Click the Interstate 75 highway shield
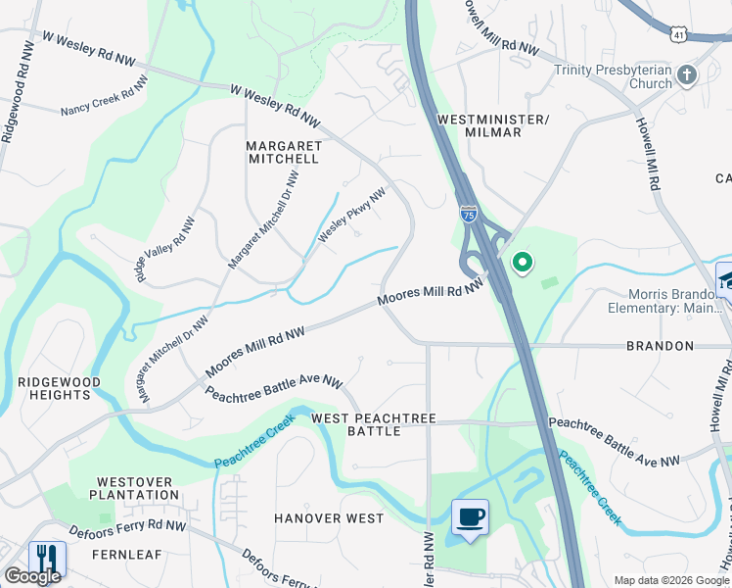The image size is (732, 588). tap(470, 214)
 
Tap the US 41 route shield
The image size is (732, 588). tap(678, 33)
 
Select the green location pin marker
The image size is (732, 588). tap(523, 262)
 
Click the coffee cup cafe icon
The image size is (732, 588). tap(470, 516)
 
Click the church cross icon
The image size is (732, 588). tap(687, 74)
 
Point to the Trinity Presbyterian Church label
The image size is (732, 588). tap(612, 76)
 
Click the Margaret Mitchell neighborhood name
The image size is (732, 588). tap(283, 151)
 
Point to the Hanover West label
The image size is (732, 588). tap(328, 518)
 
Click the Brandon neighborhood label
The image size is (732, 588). tap(662, 346)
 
